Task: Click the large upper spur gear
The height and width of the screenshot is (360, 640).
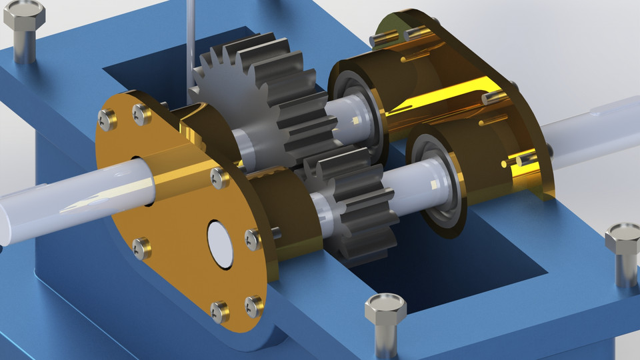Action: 267,100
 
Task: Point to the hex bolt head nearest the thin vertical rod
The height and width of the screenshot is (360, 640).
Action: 24,13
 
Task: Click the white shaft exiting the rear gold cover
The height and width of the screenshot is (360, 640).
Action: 593,127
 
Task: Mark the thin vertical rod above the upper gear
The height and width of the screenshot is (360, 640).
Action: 191,33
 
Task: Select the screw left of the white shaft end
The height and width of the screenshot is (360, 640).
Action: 141,248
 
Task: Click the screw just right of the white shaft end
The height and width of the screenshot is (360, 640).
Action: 253,237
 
